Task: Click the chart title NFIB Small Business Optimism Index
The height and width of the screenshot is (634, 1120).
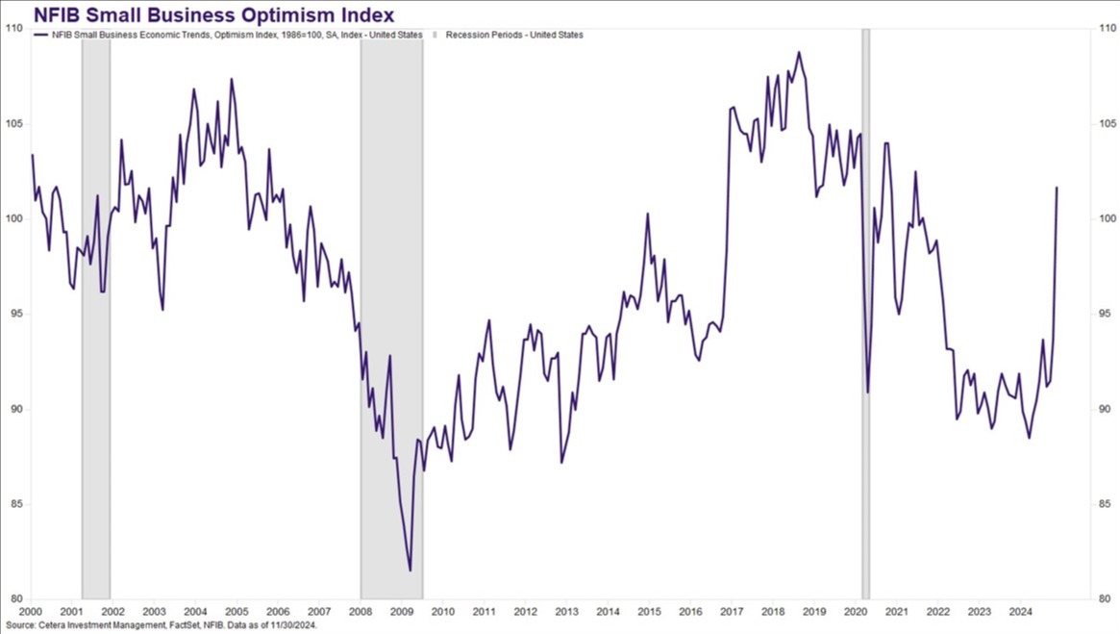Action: [x=201, y=14]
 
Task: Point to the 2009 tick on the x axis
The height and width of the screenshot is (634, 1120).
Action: [x=401, y=611]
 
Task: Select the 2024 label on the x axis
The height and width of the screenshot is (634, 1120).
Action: [x=1020, y=611]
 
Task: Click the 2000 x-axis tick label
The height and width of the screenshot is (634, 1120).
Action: [x=30, y=611]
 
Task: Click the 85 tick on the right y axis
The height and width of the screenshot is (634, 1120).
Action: [x=1106, y=505]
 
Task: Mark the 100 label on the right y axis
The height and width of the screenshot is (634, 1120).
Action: [x=1106, y=219]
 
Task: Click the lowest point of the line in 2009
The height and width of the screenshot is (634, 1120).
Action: [x=411, y=571]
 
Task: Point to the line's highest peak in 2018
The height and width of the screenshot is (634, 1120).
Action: [x=799, y=52]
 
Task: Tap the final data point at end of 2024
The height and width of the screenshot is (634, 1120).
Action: [x=1057, y=188]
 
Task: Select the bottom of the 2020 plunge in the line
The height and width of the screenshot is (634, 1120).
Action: [x=867, y=392]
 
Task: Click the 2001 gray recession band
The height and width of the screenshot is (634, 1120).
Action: [x=95, y=317]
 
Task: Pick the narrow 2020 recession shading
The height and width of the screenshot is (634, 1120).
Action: [x=865, y=317]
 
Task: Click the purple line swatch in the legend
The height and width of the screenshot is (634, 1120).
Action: [x=40, y=35]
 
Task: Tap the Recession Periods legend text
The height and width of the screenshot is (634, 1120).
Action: [x=514, y=35]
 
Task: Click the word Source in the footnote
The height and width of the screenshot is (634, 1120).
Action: [x=20, y=625]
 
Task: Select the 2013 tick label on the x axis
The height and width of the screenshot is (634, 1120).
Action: [x=566, y=611]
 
